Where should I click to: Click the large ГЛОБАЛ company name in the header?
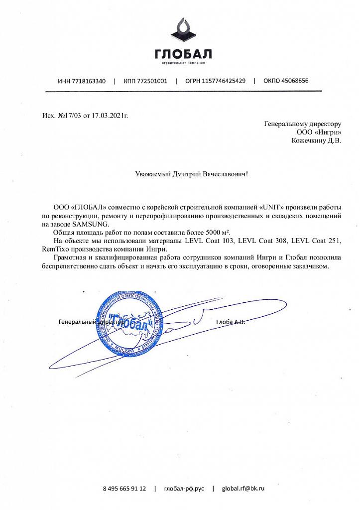pos(183,54)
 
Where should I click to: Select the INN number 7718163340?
pos(89,81)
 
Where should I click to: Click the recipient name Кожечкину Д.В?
pos(316,140)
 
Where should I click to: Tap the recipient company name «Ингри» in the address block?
pos(329,132)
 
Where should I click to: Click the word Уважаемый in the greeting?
pos(153,174)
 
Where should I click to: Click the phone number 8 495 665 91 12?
pos(124,489)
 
